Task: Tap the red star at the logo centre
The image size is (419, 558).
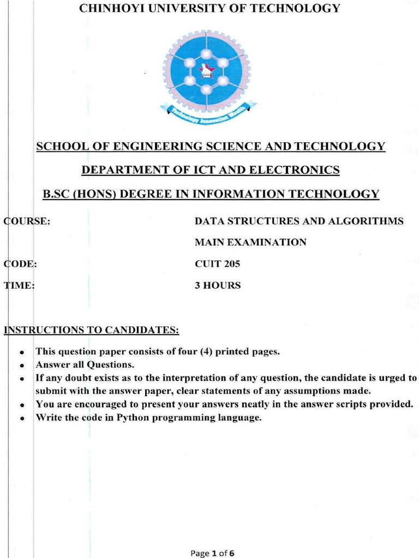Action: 206,70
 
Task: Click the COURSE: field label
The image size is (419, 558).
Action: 27,221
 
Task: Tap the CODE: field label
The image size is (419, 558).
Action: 21,264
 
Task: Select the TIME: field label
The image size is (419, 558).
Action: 20,286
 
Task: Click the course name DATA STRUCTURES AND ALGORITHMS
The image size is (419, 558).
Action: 299,221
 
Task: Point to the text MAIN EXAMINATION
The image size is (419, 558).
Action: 250,242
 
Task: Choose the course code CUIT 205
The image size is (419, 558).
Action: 217,264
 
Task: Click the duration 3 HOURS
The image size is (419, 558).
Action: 218,286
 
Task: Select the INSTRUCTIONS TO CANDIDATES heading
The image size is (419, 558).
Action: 92,330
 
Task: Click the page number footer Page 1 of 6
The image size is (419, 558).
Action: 212,554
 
